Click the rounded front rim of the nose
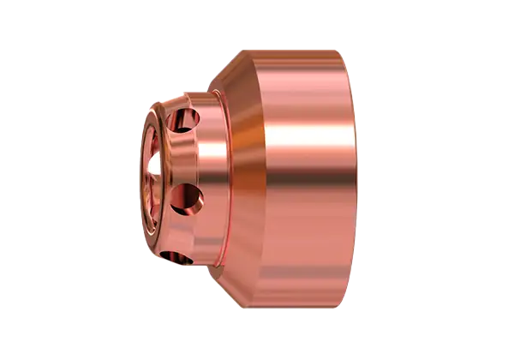pyautogui.click(x=143, y=129)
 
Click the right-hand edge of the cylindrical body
pyautogui.click(x=353, y=180)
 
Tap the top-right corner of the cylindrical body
pyautogui.click(x=351, y=53)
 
